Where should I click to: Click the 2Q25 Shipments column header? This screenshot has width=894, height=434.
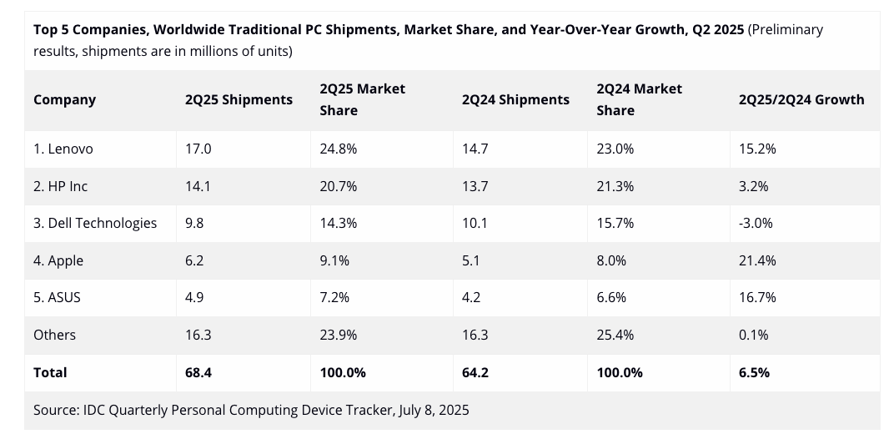click(239, 99)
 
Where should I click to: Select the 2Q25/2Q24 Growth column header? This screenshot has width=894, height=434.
click(801, 99)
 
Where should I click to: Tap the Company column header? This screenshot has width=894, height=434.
click(64, 99)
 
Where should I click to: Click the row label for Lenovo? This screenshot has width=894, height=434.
click(63, 149)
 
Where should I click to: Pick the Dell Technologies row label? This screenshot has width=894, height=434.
click(95, 223)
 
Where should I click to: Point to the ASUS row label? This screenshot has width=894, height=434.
click(57, 297)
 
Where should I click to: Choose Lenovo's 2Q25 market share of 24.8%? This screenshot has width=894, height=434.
click(338, 149)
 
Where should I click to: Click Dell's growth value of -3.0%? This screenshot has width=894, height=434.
click(756, 223)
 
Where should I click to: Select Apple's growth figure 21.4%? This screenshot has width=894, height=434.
click(757, 260)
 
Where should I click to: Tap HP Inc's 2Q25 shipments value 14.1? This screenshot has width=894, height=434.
click(198, 186)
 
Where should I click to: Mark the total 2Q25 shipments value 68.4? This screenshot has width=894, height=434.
click(198, 372)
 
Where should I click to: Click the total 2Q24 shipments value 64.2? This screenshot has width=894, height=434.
click(475, 372)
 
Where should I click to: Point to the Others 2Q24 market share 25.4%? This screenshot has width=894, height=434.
click(615, 335)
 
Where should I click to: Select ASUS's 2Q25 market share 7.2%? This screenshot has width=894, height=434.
click(334, 297)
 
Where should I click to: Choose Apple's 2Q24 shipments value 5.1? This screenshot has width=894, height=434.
click(472, 260)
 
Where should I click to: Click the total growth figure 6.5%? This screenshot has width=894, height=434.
click(754, 372)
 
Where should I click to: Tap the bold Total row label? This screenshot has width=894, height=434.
click(50, 372)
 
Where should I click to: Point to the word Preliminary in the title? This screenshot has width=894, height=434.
click(786, 29)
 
